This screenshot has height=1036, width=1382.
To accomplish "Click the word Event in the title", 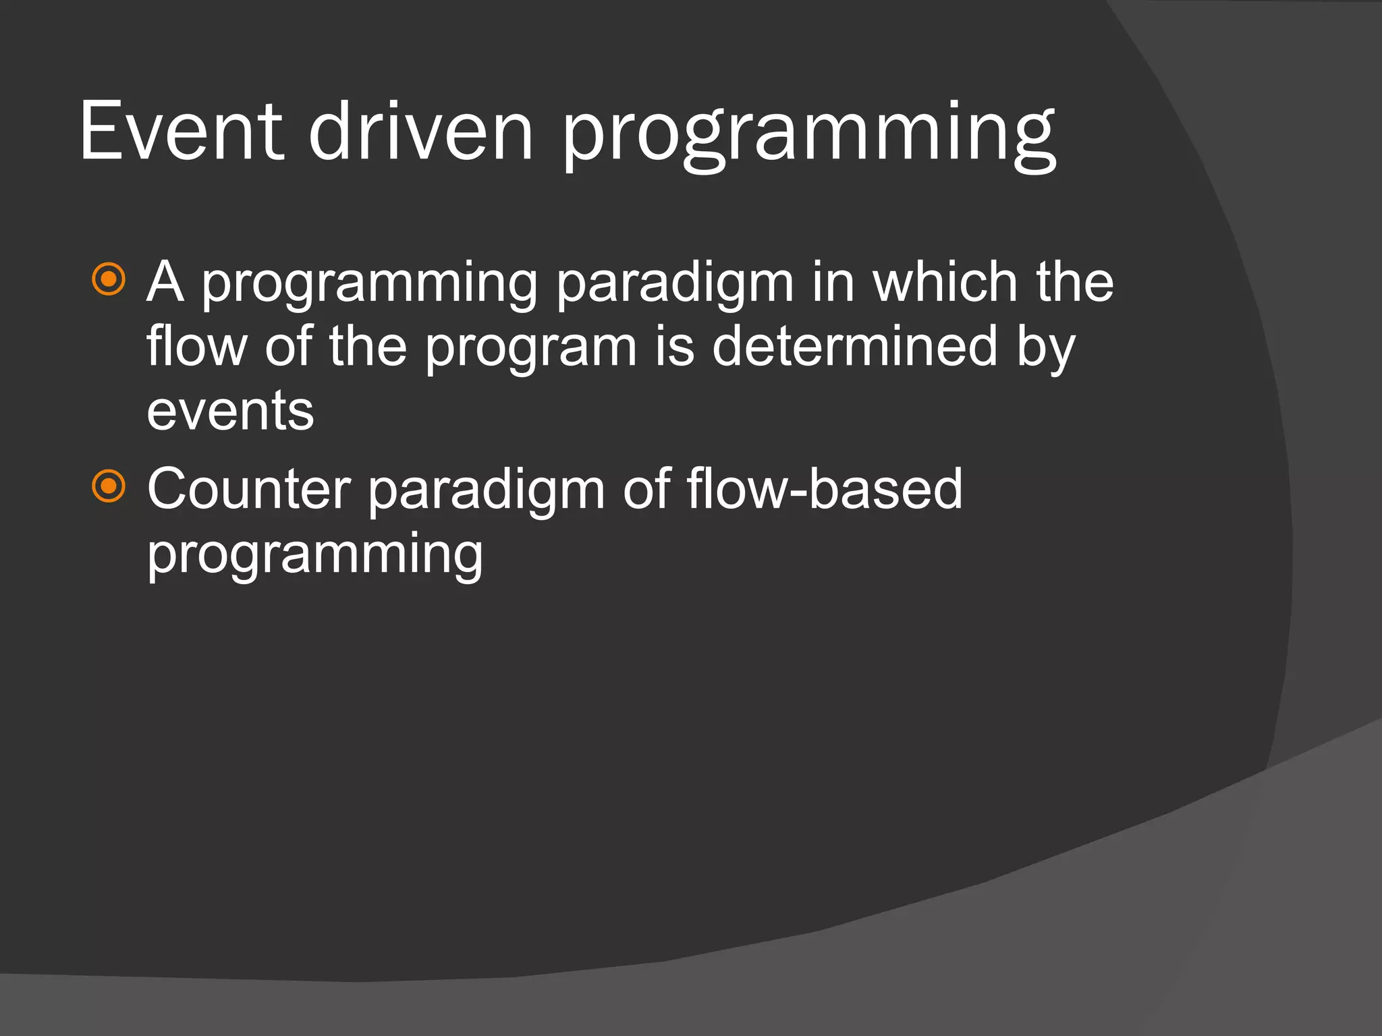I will point(181,132).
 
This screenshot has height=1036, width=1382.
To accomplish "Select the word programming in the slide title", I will point(808,135).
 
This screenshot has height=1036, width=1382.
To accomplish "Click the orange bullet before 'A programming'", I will point(109,279).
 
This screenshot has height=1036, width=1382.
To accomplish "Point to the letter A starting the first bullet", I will point(166,282).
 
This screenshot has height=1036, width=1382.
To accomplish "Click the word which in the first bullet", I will point(945,282).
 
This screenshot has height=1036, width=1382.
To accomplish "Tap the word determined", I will point(854,347).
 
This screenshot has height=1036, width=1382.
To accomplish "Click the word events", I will point(230,411).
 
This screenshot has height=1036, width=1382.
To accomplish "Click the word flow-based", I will point(825,489).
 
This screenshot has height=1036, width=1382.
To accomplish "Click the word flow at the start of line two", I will point(196,347).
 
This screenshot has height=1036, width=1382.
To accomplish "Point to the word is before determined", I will point(674,347).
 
